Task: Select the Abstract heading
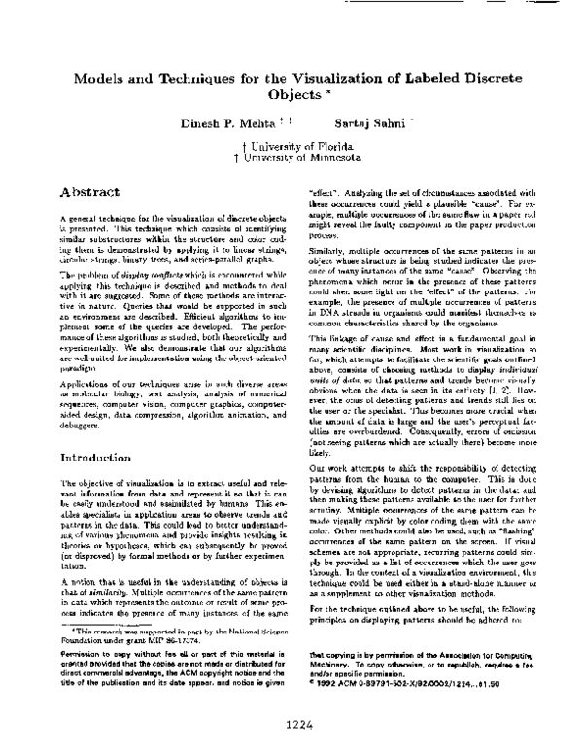90,192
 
